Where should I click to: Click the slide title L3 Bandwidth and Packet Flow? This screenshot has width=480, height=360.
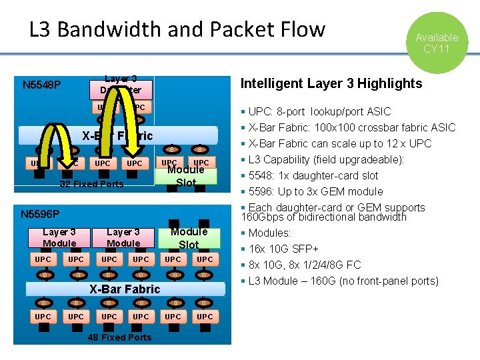tap(177, 29)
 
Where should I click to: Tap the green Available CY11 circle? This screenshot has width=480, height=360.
tap(437, 42)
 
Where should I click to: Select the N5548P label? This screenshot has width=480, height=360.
tap(42, 85)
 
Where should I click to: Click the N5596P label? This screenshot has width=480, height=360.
tap(40, 214)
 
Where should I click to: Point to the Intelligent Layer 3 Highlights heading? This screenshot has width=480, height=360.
tap(331, 83)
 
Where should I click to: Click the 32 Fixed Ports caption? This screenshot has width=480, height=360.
tap(91, 184)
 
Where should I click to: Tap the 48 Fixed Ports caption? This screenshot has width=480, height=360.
tap(120, 337)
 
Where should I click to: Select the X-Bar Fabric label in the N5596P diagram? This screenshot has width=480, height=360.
tap(125, 289)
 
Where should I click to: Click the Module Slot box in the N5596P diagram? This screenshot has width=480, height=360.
tap(189, 238)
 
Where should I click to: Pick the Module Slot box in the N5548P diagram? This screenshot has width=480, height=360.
tap(186, 176)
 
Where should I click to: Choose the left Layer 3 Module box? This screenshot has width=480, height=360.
tap(59, 237)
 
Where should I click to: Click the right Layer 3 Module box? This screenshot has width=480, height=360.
tap(123, 237)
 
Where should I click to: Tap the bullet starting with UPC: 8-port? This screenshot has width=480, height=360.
tap(320, 111)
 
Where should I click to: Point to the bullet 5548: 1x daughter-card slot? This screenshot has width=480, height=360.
tap(313, 175)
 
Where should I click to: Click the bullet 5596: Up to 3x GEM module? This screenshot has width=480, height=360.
tap(316, 191)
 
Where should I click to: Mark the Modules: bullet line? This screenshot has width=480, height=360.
tap(270, 233)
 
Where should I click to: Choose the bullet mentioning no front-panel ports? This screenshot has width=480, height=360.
tap(343, 281)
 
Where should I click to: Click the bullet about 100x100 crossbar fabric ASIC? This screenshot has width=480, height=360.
tap(352, 127)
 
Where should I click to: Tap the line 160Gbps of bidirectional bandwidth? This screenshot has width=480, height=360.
tap(323, 217)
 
